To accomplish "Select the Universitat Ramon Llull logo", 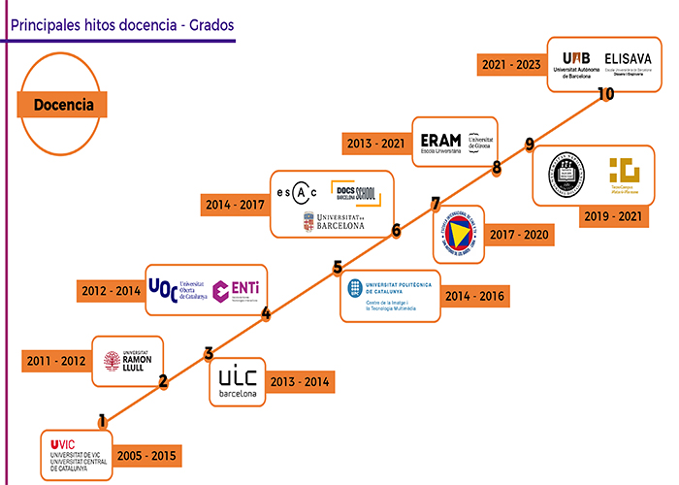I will pos(128,361).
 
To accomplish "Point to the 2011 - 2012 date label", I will pos(56,362).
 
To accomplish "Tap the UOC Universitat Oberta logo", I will pos(179,289).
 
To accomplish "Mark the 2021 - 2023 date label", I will pos(511,66).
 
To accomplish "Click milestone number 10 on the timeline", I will pos(606,94).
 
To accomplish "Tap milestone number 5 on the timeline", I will pos(338,268).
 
